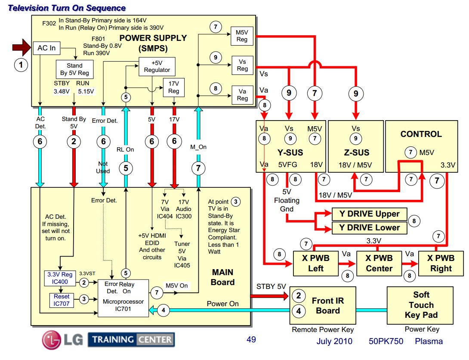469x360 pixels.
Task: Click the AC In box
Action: click(x=46, y=48)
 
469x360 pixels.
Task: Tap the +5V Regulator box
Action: click(x=157, y=66)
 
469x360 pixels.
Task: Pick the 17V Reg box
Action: click(x=173, y=87)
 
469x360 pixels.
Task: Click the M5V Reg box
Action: click(x=242, y=36)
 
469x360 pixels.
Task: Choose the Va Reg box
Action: click(x=242, y=95)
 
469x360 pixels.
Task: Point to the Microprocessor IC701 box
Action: click(x=123, y=298)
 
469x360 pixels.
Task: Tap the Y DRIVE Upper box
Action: click(x=369, y=214)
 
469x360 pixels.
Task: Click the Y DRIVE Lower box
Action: click(x=369, y=228)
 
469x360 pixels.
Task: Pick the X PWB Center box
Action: click(x=379, y=263)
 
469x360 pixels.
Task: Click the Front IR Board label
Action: click(x=328, y=305)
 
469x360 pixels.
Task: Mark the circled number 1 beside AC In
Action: click(x=20, y=65)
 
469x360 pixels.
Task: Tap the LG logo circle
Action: click(x=52, y=340)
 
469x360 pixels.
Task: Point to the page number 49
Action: click(x=251, y=339)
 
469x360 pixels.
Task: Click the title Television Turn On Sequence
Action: click(x=68, y=8)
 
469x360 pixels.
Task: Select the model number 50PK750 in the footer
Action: click(x=386, y=341)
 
